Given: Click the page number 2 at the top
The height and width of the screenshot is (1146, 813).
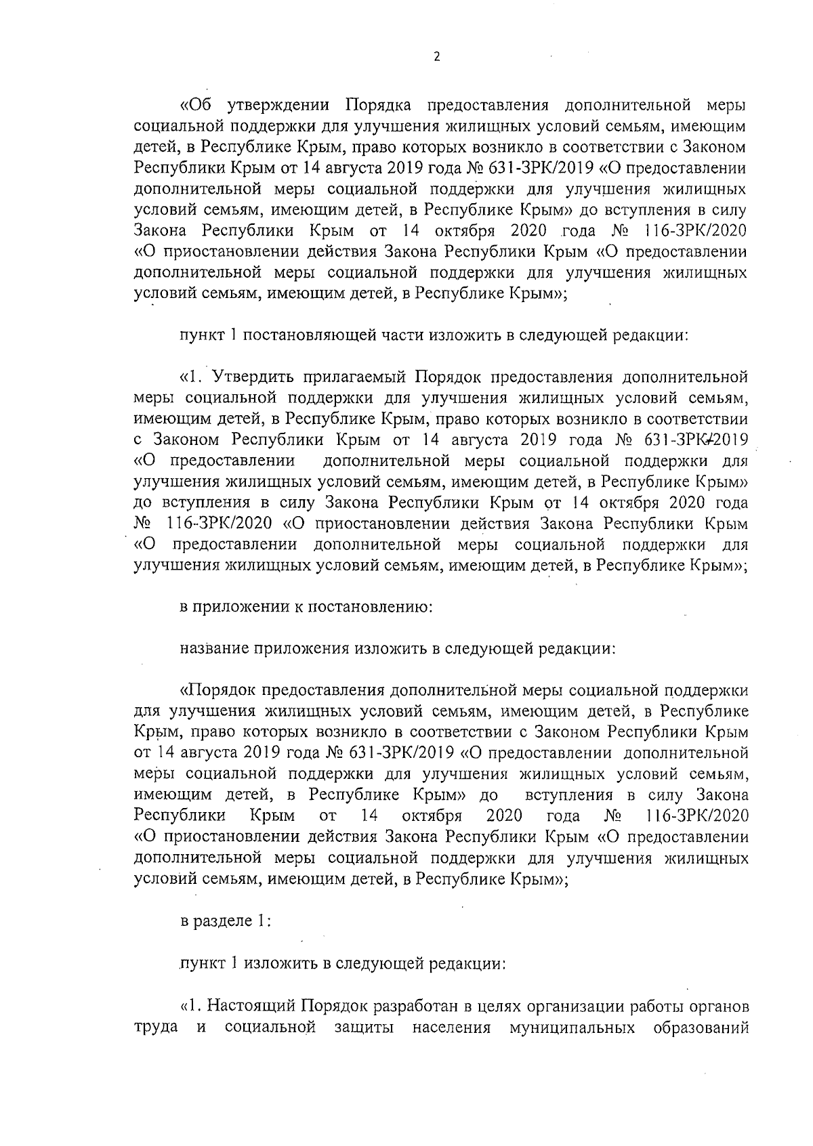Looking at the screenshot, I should [436, 58].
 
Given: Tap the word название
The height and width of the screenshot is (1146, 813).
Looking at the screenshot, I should [213, 648].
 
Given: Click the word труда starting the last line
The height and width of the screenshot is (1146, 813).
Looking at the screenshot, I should [157, 1027].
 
